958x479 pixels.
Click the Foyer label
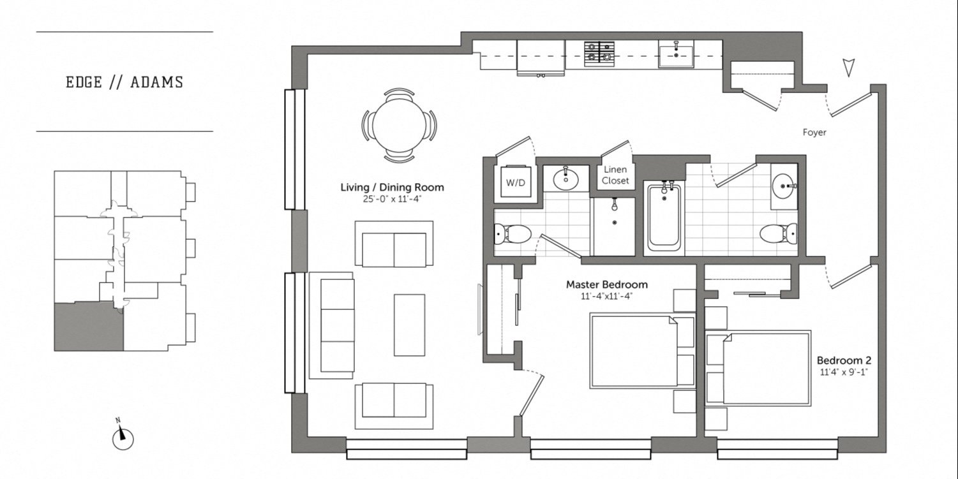tap(814, 133)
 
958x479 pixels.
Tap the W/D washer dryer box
tap(515, 181)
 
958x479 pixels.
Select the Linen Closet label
tap(615, 175)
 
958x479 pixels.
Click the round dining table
tap(400, 126)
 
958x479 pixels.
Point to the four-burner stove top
tap(599, 54)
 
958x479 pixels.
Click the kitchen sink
tap(676, 54)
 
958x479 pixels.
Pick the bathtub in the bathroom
tap(664, 218)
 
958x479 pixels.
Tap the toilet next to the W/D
tap(513, 233)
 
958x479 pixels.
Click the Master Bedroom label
tap(606, 284)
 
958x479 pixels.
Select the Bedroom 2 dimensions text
tap(843, 372)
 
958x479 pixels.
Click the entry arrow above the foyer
tap(848, 68)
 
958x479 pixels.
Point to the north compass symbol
tap(123, 437)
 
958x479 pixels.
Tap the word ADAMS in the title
tap(156, 82)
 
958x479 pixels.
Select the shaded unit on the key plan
tap(89, 327)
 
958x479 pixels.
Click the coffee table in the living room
tap(409, 325)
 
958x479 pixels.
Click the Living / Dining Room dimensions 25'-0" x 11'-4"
tap(392, 199)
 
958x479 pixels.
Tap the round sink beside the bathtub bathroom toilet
tap(784, 186)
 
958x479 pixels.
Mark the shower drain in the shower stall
tap(615, 223)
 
